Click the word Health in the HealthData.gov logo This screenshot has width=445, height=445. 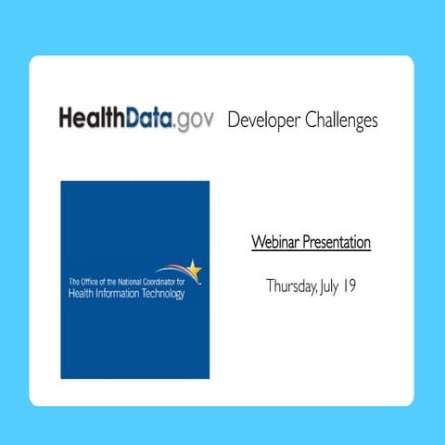(x=87, y=120)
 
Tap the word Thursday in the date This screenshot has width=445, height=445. (x=291, y=286)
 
